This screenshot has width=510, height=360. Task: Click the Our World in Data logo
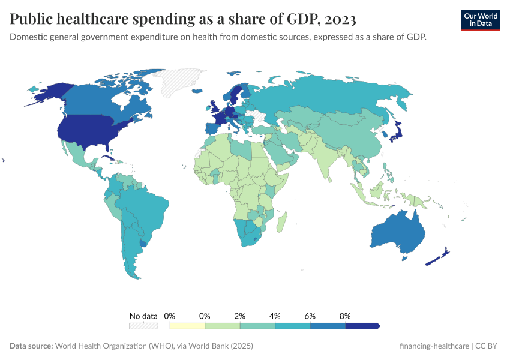pos(480,19)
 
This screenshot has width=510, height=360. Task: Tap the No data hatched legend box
pos(143,326)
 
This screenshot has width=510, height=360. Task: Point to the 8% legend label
pos(345,316)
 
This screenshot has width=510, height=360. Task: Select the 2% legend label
pos(240,316)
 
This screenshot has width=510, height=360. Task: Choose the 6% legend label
pos(310,316)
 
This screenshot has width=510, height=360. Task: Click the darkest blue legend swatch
pos(362,326)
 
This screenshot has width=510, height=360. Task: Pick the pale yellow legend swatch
pos(187,326)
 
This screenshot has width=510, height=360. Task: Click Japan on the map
pos(397,133)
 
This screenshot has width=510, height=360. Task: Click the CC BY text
pos(488,346)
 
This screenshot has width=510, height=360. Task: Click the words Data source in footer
pos(31,346)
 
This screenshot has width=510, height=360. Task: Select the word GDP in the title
pos(294,20)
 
